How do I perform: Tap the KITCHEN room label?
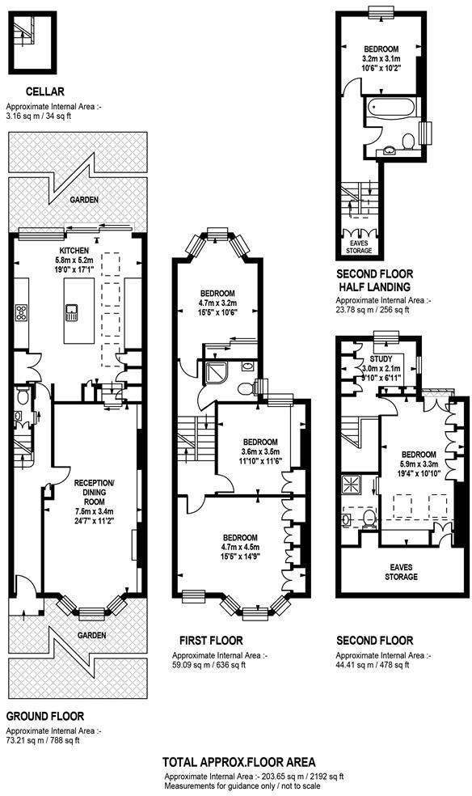click(x=74, y=251)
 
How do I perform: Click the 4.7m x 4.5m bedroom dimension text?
click(x=240, y=548)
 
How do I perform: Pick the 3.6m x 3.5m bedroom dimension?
click(x=260, y=451)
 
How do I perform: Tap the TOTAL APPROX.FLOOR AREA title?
click(x=238, y=761)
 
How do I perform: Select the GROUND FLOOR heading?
click(x=45, y=716)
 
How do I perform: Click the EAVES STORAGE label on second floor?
click(x=400, y=572)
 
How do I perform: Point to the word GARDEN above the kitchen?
click(x=83, y=200)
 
